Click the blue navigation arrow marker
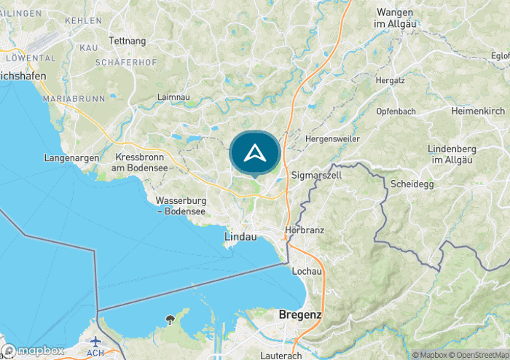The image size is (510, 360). [x=254, y=153]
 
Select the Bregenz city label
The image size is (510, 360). [x=300, y=315]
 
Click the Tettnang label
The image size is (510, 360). [x=127, y=41]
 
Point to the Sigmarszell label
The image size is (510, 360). [x=316, y=176]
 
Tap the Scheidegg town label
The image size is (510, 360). [x=412, y=184]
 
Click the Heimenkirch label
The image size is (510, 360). [x=477, y=111]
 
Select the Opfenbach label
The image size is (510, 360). [x=396, y=111]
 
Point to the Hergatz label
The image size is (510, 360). [x=389, y=79]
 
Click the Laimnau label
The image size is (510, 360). [x=174, y=96]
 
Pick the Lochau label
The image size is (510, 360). [x=307, y=271]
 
